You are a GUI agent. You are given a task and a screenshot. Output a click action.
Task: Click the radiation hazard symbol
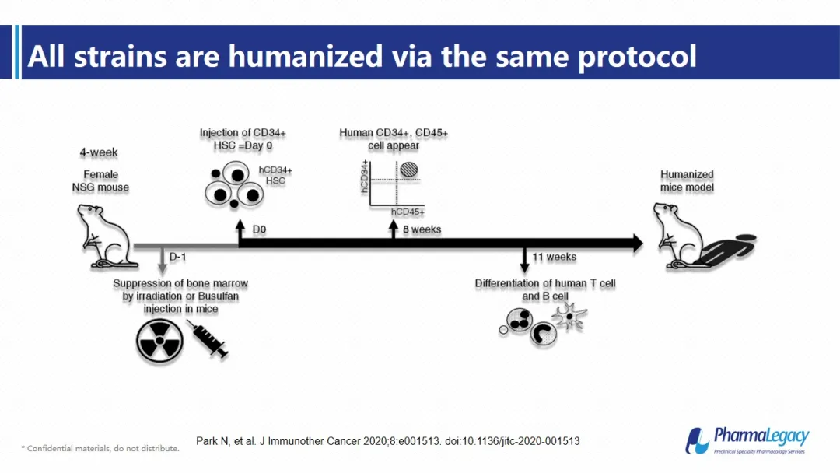(x=159, y=341)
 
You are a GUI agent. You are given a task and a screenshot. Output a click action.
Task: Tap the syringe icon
(x=208, y=338)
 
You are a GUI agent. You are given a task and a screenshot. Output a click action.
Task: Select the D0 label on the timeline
(x=259, y=229)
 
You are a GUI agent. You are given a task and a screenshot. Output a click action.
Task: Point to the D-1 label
(x=178, y=258)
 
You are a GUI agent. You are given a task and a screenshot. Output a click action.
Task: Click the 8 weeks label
(x=422, y=229)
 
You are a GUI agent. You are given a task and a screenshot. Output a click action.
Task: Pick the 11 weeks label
(x=555, y=258)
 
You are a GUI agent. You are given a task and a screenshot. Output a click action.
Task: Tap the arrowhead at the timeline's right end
(x=638, y=244)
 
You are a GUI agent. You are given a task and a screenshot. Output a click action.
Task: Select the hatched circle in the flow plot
(x=409, y=170)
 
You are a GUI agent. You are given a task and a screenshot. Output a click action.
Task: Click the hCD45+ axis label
(x=408, y=212)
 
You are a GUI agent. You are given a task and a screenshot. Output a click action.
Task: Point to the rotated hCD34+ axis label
(x=365, y=177)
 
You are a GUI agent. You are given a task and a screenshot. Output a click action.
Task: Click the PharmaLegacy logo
(x=748, y=440)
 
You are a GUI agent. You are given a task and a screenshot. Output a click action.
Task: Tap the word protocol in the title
(x=637, y=57)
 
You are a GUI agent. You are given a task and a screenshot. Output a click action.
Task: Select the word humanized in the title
(x=306, y=56)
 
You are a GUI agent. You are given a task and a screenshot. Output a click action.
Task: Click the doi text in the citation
(x=512, y=441)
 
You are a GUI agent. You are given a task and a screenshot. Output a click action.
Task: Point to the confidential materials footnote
(x=100, y=448)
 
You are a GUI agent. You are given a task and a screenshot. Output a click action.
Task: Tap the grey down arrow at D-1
(x=163, y=260)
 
